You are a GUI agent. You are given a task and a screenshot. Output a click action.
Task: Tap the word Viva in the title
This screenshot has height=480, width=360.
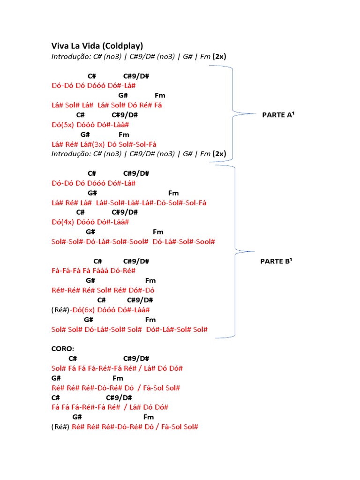tap(60, 46)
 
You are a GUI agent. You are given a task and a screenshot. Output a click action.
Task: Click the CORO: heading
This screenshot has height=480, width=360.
tap(63, 349)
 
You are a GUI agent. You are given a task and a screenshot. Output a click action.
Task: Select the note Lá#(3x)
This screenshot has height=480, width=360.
tap(93, 144)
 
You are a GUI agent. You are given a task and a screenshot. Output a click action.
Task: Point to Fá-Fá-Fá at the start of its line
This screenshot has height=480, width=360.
tap(66, 270)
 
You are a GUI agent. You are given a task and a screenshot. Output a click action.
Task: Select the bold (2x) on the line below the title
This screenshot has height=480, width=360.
tap(219, 57)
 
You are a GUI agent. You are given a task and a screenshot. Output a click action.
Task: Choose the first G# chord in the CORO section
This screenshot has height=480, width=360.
tap(56, 378)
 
